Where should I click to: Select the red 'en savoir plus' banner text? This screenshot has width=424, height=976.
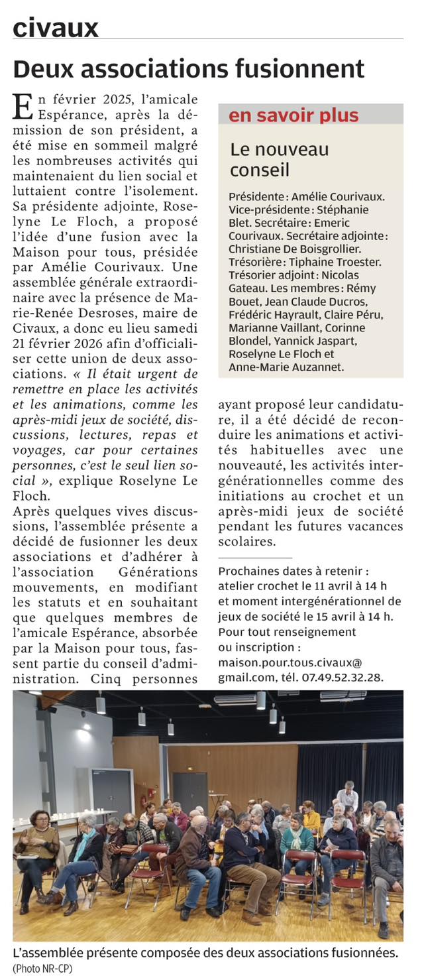pos(293,115)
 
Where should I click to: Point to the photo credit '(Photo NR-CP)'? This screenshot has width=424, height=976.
pos(42,968)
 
